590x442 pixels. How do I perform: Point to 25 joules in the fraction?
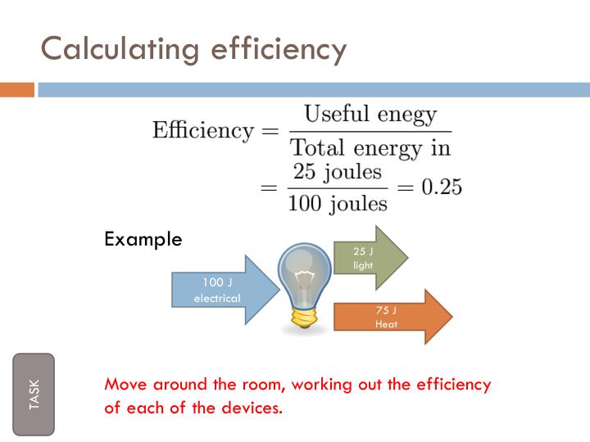336,173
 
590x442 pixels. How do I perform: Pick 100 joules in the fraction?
337,202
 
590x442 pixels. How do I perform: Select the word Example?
143,240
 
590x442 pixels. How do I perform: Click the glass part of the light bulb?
303,270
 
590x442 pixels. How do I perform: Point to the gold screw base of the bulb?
304,315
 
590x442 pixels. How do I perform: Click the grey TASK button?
34,395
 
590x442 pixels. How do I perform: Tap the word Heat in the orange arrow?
386,324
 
